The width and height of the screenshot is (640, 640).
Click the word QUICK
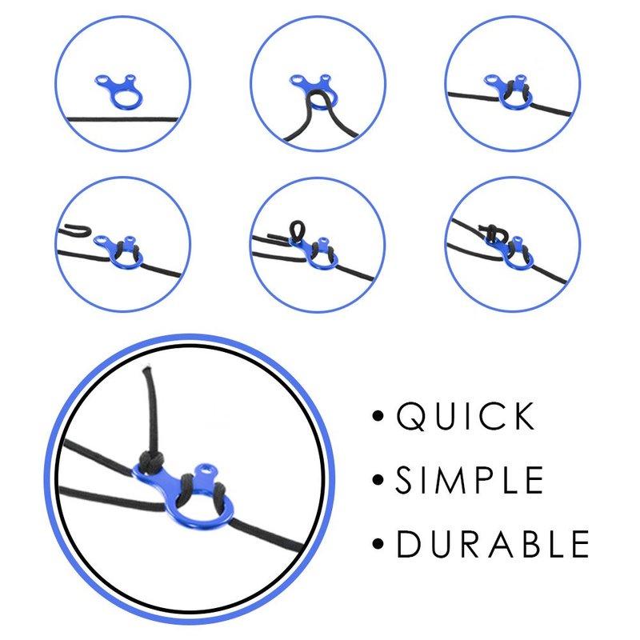465,416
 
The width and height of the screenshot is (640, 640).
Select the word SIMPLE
469,480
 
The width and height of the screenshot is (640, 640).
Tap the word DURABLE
493,544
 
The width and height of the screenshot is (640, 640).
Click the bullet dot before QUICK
378,416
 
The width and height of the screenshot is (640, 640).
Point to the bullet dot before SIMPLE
378,480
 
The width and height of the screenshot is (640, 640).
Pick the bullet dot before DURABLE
378,544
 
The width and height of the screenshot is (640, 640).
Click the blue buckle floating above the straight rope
119,91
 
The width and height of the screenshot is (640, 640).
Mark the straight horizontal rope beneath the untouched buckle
122,119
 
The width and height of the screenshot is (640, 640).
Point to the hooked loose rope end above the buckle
74,230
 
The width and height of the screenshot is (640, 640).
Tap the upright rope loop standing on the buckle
296,230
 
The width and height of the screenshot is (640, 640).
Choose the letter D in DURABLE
409,544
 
